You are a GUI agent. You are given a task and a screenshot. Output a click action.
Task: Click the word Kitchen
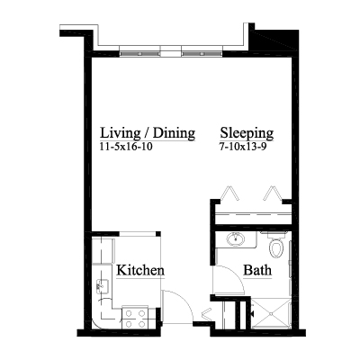(x=140, y=270)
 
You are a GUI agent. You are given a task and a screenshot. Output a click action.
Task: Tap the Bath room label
(x=257, y=270)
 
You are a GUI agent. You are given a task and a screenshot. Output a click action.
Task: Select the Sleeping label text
(x=247, y=133)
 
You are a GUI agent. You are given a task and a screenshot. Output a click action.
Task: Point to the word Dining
(x=174, y=133)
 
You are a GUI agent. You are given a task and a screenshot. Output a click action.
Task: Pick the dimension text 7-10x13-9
(x=243, y=147)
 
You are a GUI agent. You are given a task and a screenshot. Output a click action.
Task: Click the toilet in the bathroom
(x=276, y=245)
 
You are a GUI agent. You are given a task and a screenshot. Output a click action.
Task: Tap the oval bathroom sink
(x=236, y=239)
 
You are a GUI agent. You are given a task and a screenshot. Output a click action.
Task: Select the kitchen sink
(x=103, y=287)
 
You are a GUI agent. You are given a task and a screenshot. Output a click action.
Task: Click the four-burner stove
(x=135, y=318)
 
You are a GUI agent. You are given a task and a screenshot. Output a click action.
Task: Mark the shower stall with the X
(x=271, y=313)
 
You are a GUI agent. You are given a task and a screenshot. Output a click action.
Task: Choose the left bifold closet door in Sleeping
(x=229, y=193)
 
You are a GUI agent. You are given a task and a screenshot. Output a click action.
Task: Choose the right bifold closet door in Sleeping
(x=272, y=193)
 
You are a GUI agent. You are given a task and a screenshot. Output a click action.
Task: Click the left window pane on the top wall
(x=139, y=53)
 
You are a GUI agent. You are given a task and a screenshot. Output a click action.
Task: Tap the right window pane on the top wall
(x=202, y=53)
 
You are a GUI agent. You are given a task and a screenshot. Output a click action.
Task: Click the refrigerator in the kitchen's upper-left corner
(x=103, y=250)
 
